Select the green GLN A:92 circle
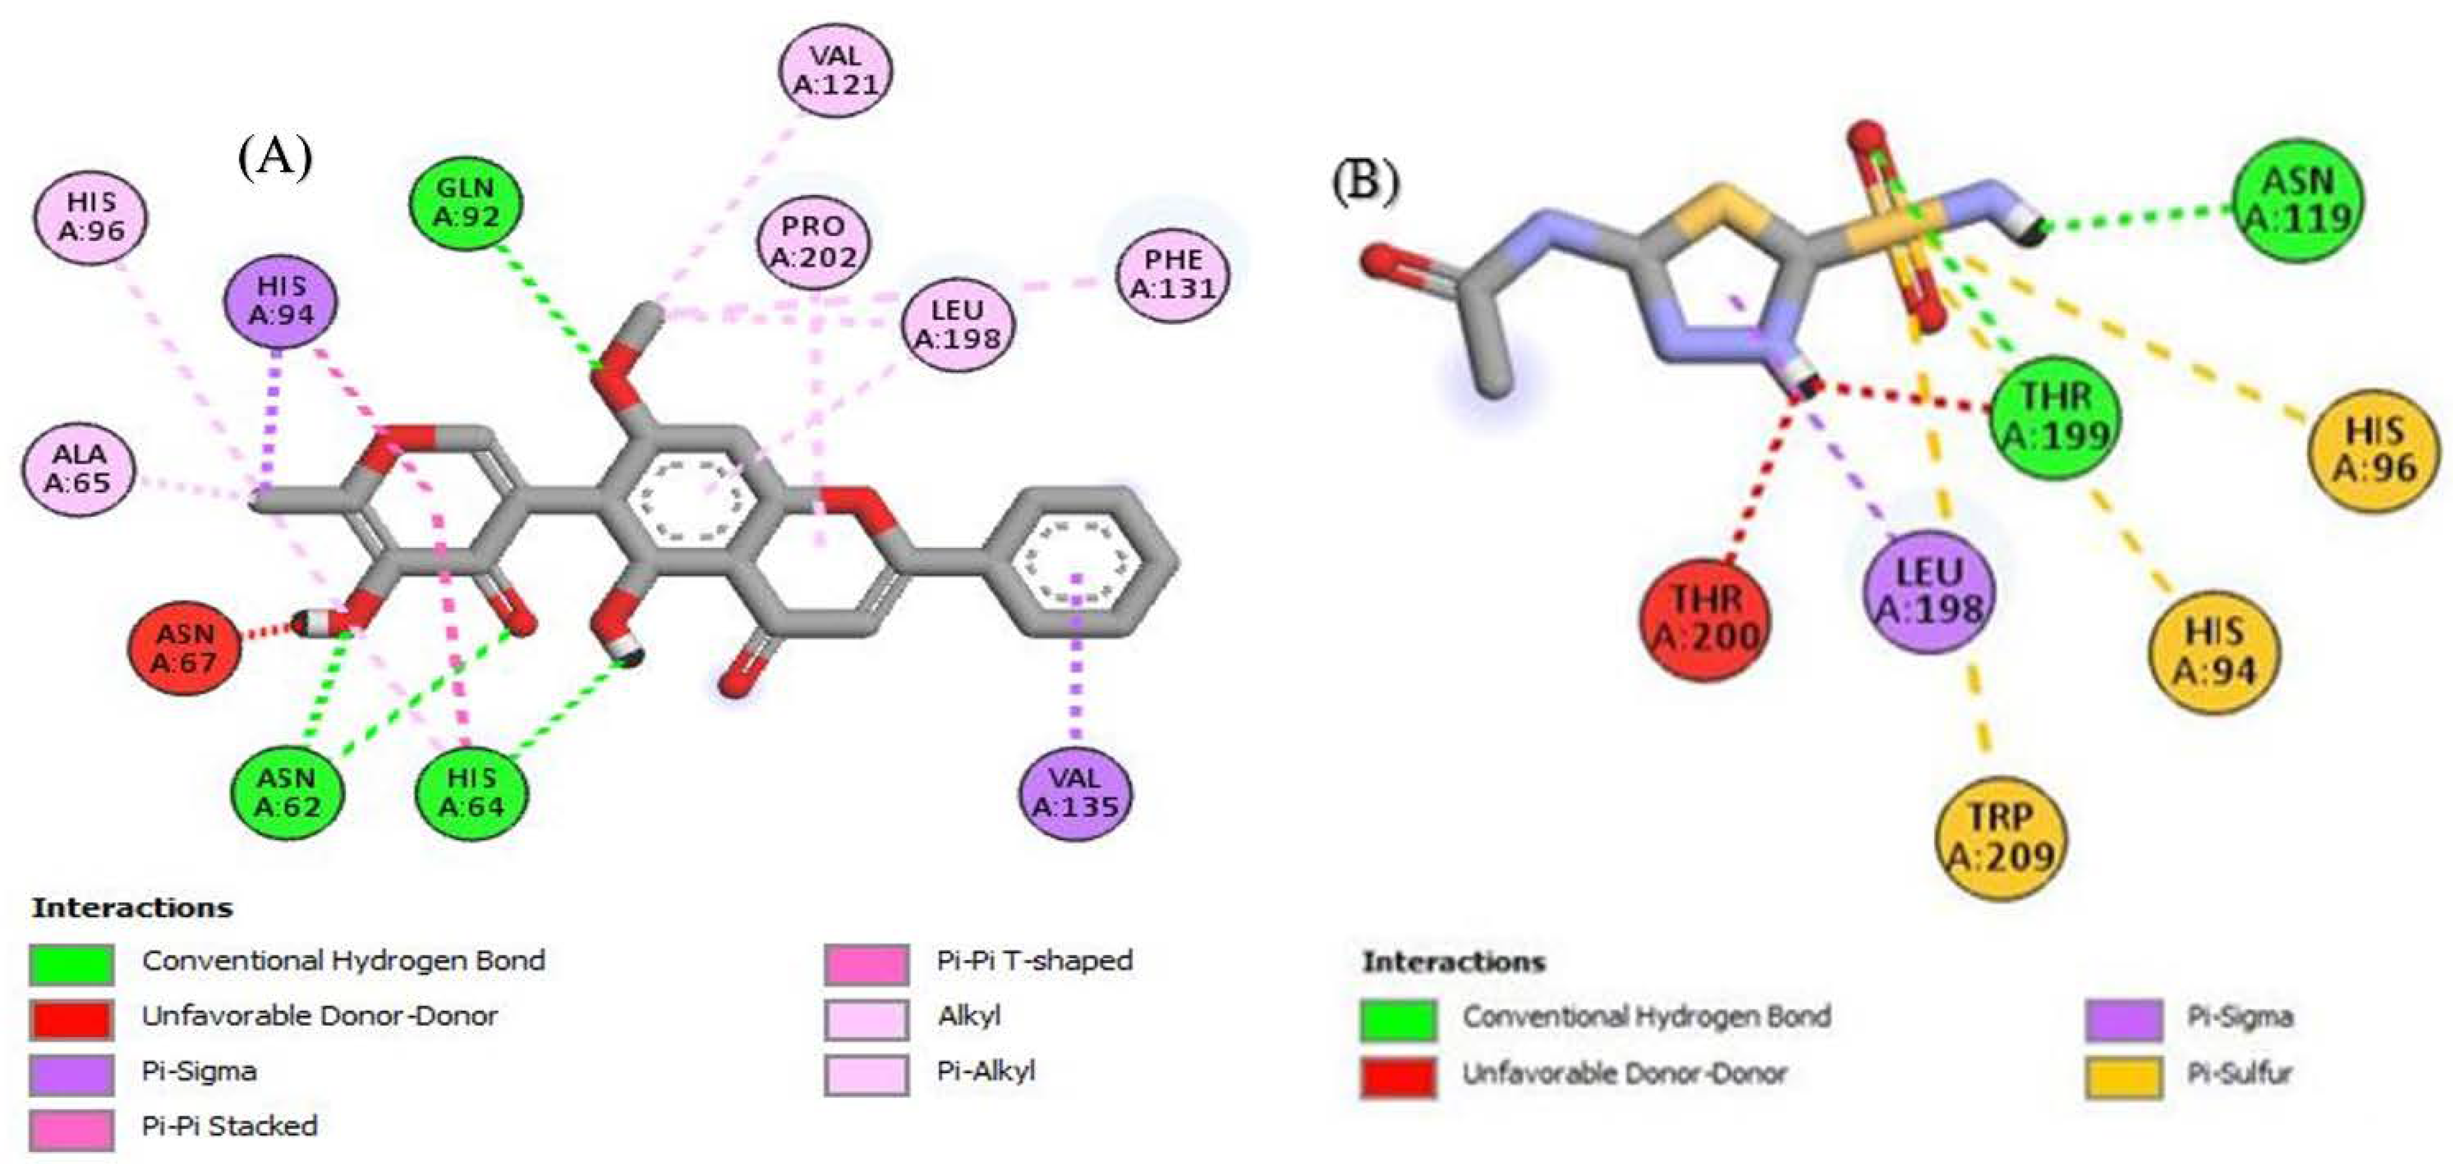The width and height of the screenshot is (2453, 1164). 466,203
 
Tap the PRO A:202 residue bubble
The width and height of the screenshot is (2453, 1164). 813,241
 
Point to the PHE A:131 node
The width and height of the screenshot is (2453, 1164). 1173,274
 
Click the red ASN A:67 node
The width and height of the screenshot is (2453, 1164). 185,648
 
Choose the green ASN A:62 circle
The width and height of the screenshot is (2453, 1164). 287,792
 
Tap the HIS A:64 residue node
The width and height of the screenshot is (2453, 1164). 472,792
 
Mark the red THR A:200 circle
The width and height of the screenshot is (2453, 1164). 1705,618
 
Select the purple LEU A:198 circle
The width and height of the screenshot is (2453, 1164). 1928,592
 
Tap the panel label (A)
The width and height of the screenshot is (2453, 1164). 275,157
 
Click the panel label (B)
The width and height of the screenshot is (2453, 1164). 1365,181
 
